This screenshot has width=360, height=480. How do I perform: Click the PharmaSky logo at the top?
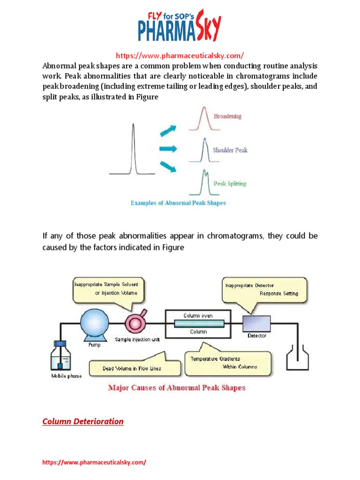(180, 26)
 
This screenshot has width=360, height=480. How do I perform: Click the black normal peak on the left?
(134, 150)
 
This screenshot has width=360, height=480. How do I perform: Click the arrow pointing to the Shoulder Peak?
(168, 149)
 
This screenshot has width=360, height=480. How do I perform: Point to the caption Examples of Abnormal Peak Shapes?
(178, 203)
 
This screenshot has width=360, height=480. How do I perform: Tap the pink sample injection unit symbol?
(135, 323)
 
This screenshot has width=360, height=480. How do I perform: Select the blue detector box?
(256, 323)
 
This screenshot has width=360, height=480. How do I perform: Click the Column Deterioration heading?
(83, 421)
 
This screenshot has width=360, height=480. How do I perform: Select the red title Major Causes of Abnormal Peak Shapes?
(177, 388)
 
